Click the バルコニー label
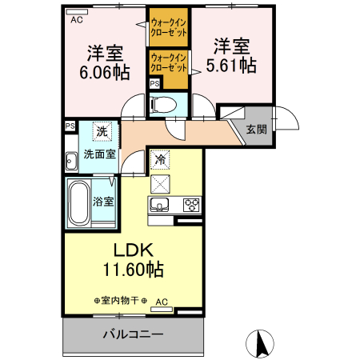pos(133,334)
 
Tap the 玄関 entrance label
pos(257,130)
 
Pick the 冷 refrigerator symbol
pos(159,159)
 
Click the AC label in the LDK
pos(162,302)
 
